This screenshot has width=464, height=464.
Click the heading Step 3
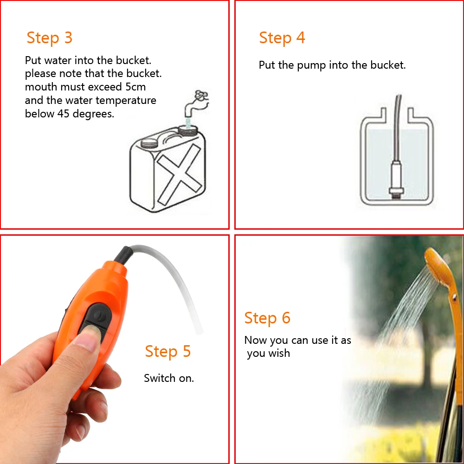coord(50,38)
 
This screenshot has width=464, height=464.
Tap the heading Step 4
coord(282,38)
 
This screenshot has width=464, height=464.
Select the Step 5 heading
coord(168,351)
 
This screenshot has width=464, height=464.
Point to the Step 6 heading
coord(267,318)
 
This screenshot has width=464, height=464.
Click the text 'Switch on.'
coord(169,378)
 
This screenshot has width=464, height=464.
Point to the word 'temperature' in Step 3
coord(126,100)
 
